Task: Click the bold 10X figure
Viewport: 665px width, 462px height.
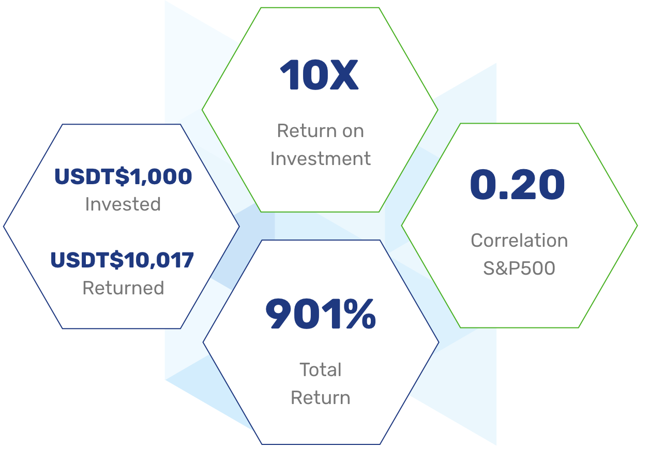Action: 320,74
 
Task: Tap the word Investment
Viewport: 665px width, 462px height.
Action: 320,159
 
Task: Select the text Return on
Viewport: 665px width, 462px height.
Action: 320,131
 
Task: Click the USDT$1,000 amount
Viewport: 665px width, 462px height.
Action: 123,176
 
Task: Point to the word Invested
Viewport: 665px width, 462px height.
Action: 123,204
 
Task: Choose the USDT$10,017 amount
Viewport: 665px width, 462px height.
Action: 122,260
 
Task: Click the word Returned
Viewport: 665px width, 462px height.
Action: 123,288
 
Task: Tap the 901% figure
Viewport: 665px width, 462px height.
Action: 321,314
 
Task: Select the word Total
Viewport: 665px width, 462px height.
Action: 321,370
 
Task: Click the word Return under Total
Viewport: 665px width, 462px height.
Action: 321,398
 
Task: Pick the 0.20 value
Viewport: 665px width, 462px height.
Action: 518,184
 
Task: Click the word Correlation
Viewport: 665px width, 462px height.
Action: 519,241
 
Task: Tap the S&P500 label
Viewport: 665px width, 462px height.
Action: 519,269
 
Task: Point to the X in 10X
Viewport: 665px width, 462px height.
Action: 344,74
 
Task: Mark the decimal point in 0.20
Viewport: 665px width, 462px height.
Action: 503,195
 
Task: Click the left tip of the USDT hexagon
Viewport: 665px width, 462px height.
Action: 4,227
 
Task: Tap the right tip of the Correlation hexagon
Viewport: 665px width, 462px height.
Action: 638,226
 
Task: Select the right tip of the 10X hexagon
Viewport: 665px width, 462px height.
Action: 438,110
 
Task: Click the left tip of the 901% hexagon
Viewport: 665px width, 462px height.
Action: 203,342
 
